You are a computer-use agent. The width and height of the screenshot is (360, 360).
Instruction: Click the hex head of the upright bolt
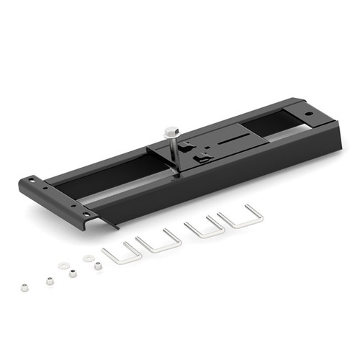click(x=171, y=132)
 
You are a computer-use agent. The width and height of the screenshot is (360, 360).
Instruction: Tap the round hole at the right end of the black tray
click(x=308, y=113)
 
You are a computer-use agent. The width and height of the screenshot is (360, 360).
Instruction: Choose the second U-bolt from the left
click(x=158, y=240)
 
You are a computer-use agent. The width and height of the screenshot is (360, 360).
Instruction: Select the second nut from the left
click(x=50, y=280)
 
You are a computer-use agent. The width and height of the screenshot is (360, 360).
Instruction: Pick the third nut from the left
click(x=73, y=272)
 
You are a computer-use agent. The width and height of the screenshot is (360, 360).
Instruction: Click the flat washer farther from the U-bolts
click(x=63, y=264)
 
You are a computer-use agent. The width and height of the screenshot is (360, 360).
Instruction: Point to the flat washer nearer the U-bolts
click(x=88, y=257)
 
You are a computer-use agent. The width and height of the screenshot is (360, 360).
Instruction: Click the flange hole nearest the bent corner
click(x=85, y=215)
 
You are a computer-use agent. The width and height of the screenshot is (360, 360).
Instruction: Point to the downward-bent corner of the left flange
click(x=108, y=221)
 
